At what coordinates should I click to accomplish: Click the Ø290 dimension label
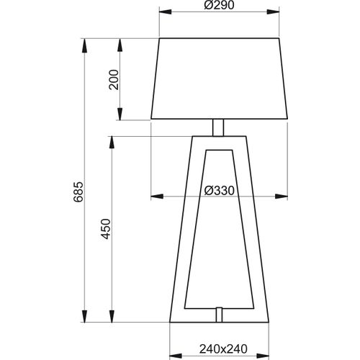coord(220,5)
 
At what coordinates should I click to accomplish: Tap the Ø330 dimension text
coord(220,190)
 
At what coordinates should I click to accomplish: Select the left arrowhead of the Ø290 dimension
coord(165,12)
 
